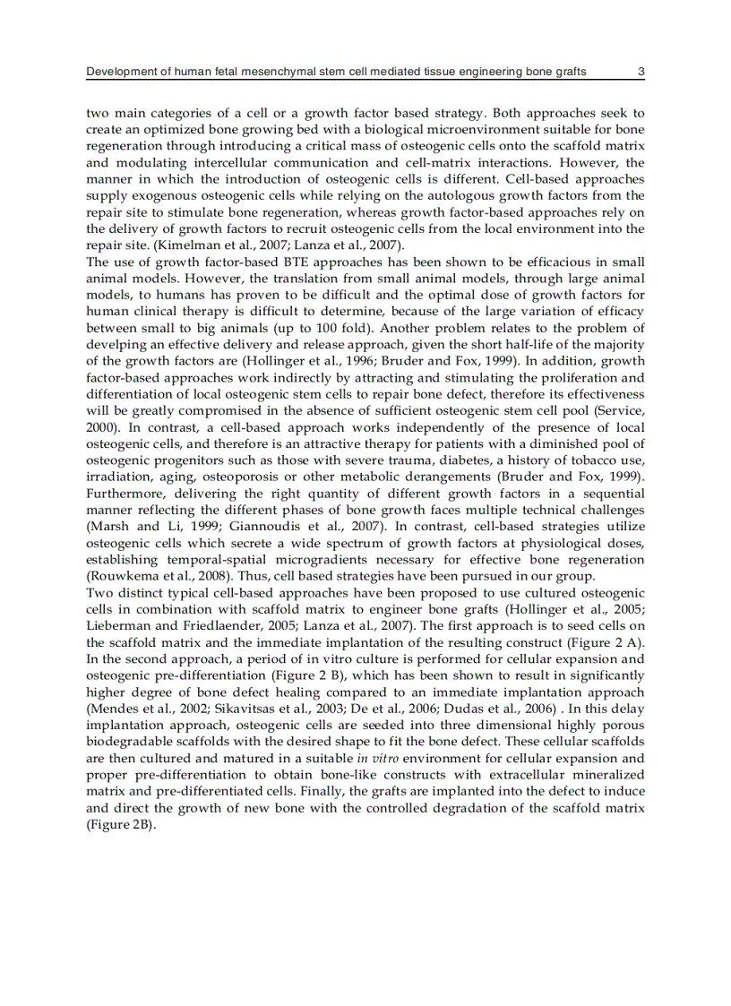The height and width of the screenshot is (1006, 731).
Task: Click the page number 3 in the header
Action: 640,72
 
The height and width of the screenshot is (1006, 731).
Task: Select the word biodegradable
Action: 129,741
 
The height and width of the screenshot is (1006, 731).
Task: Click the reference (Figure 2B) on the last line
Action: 121,823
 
